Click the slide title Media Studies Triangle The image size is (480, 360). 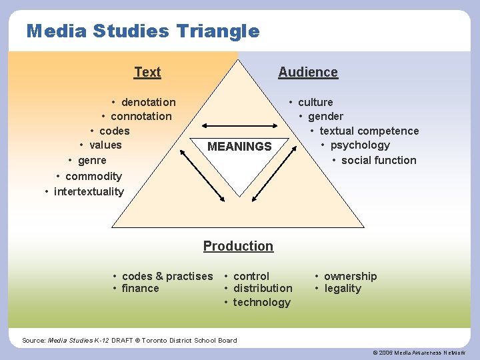click(x=143, y=31)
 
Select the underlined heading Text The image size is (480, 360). click(x=147, y=72)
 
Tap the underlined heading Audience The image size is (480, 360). click(x=308, y=72)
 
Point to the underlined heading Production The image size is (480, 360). click(x=238, y=246)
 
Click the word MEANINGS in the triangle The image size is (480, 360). click(x=239, y=147)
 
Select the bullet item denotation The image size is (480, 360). click(x=148, y=102)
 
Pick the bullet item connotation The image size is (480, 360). click(x=141, y=116)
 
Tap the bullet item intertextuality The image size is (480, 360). click(x=88, y=192)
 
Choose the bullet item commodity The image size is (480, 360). click(x=93, y=176)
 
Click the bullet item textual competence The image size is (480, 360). click(x=369, y=131)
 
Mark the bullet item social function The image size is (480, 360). click(x=378, y=160)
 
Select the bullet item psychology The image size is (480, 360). click(x=360, y=145)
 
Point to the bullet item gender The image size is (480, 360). click(x=325, y=116)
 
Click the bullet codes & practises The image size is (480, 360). click(x=167, y=276)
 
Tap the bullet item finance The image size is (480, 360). click(x=140, y=289)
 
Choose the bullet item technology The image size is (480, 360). click(x=261, y=303)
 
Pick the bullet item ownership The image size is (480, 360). click(x=350, y=276)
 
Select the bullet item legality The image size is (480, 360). click(x=342, y=289)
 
